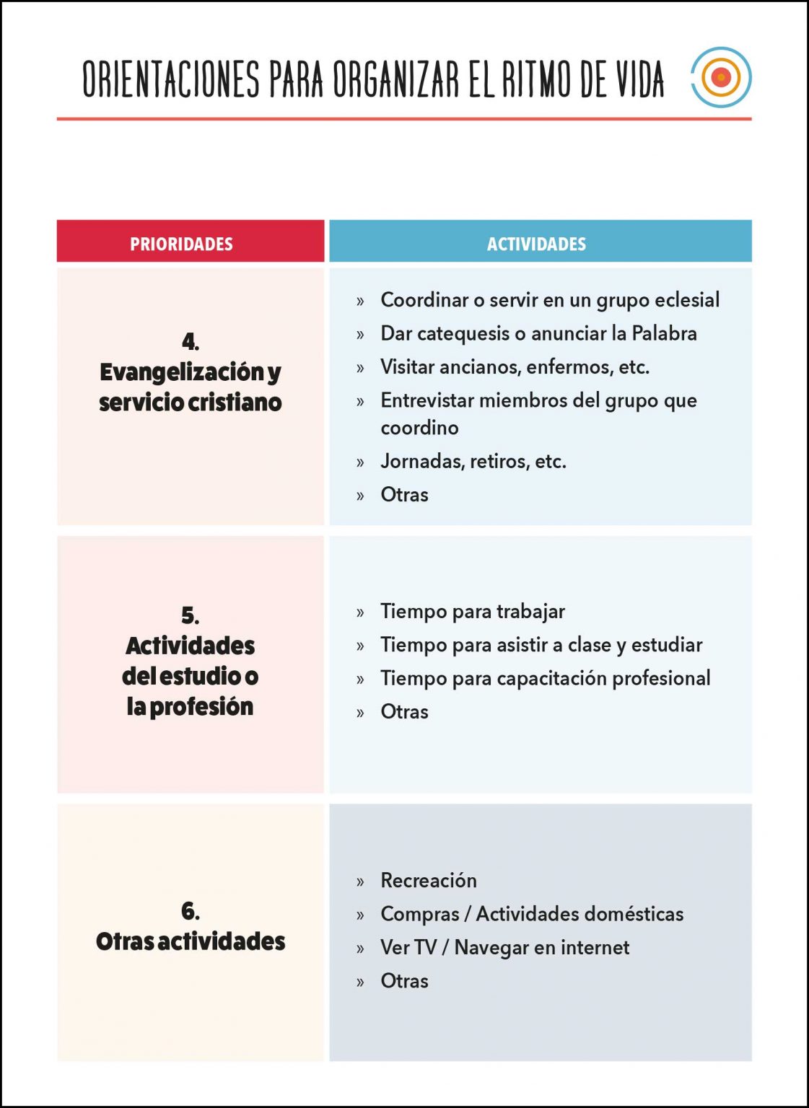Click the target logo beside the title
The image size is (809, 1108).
[721, 77]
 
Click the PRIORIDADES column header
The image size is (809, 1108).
[181, 244]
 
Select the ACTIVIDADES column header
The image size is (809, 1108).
[536, 244]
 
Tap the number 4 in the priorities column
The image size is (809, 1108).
[190, 340]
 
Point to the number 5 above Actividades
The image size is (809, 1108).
[190, 615]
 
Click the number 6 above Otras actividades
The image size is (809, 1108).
[190, 910]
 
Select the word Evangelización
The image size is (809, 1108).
[182, 371]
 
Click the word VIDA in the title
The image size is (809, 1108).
[639, 79]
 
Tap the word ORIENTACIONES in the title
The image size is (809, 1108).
[170, 79]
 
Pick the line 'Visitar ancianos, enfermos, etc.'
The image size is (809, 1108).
[515, 366]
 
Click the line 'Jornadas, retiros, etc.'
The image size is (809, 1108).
[473, 461]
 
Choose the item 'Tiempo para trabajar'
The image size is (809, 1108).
[472, 611]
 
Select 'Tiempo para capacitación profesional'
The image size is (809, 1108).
[545, 678]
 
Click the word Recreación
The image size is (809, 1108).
[428, 880]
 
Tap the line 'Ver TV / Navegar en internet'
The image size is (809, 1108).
[504, 947]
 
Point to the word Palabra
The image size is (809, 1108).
[664, 333]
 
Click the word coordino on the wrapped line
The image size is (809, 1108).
[419, 428]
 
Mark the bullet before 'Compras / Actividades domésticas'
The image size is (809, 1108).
[360, 915]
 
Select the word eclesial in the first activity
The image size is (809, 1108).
[686, 299]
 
